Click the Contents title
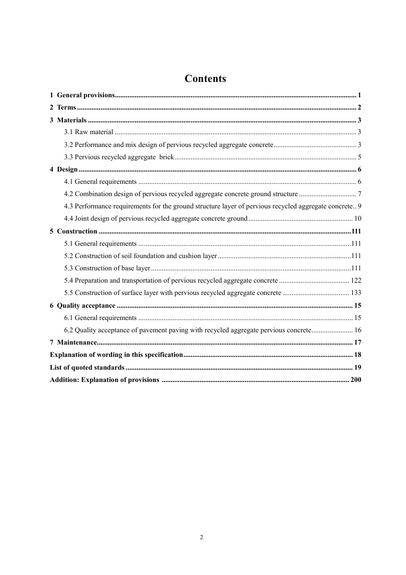(205, 78)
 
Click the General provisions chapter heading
(86, 95)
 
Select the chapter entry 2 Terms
(63, 108)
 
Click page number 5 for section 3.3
(360, 157)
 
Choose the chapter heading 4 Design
(64, 169)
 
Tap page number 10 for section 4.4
(358, 218)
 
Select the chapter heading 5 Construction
(74, 231)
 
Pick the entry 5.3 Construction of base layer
(107, 268)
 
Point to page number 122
(356, 280)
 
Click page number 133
(356, 292)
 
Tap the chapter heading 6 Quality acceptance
(82, 305)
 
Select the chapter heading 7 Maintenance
(74, 342)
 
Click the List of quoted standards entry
(87, 367)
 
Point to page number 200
(356, 379)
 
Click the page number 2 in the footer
(201, 537)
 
